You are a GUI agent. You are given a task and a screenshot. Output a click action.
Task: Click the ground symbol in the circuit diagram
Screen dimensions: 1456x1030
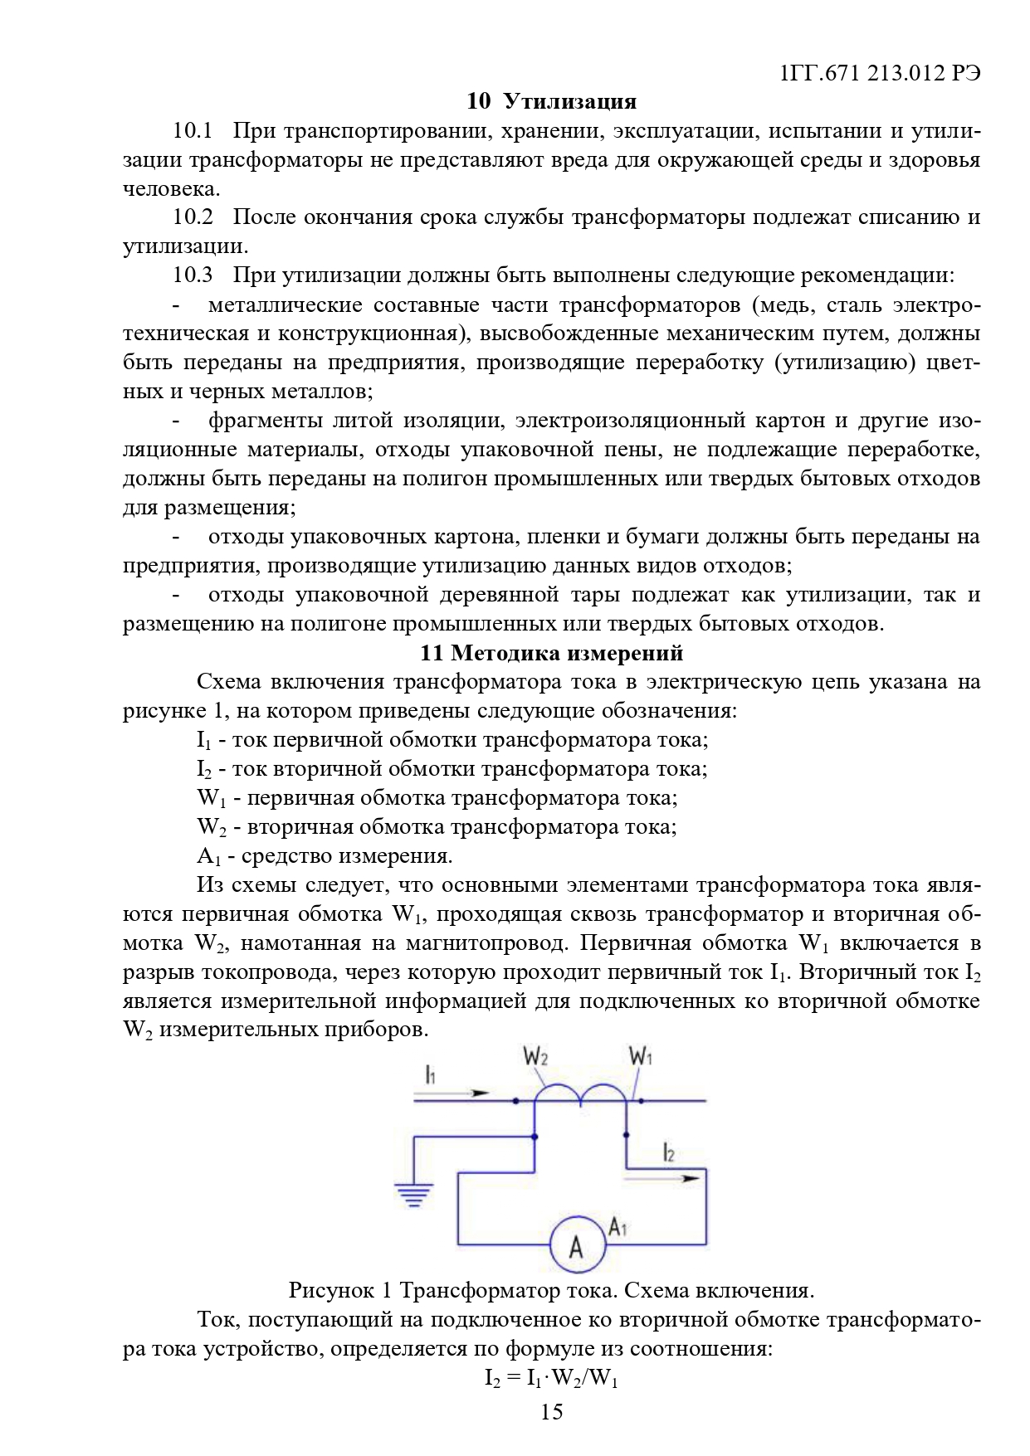[413, 1195]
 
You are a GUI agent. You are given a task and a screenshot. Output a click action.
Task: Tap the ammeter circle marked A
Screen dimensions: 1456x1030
[576, 1245]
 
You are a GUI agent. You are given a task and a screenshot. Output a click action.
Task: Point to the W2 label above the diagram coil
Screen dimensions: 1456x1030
[535, 1056]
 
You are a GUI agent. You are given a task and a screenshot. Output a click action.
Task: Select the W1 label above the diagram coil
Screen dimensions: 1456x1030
[641, 1056]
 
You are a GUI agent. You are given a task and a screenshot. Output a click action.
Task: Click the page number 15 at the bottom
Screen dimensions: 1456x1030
[551, 1411]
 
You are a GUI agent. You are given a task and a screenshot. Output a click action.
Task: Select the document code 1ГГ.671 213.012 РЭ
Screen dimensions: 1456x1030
[880, 73]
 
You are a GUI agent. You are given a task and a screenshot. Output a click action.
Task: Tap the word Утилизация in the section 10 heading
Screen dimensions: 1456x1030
[570, 101]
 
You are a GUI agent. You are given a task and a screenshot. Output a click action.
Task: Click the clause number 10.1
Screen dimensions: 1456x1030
[193, 130]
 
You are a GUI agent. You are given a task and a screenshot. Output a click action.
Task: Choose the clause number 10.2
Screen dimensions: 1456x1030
[193, 217]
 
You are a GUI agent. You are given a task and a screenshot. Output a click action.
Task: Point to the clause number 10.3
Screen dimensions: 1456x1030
[193, 275]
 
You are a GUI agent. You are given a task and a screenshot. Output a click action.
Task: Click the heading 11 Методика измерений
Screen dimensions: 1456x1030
[551, 653]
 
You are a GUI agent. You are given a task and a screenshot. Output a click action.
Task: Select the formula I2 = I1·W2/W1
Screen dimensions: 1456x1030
[551, 1378]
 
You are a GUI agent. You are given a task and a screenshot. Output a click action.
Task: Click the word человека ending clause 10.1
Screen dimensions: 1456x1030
[171, 188]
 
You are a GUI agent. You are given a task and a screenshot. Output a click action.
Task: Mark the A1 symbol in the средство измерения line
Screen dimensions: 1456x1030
[207, 856]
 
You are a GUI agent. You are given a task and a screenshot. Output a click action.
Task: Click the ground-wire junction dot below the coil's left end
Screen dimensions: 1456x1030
[535, 1137]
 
